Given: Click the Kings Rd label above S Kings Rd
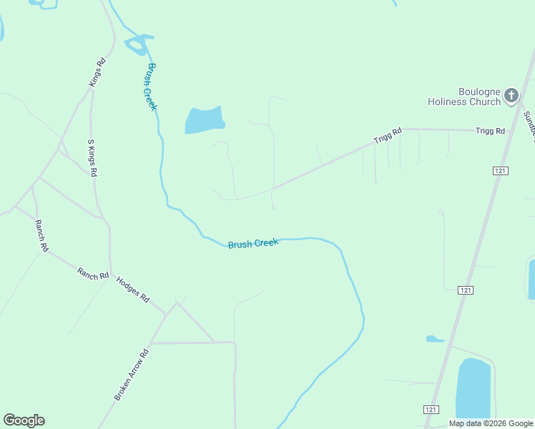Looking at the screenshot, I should click(x=97, y=72).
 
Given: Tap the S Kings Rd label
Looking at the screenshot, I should click(x=92, y=158).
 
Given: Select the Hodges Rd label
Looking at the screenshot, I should click(x=132, y=288).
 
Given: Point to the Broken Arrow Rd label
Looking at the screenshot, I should click(x=131, y=374).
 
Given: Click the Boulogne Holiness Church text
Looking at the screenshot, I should click(x=464, y=97).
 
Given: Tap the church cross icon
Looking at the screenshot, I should click(x=511, y=95).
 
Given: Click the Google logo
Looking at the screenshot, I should click(x=24, y=420).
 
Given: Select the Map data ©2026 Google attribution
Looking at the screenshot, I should click(x=491, y=423).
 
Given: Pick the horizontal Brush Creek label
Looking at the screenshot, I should click(x=252, y=244).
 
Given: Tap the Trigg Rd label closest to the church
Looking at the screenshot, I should click(x=491, y=131).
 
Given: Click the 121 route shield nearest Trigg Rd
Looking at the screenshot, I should click(x=501, y=170).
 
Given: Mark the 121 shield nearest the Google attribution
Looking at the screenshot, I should click(x=430, y=409).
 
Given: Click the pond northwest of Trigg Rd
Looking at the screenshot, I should click(x=205, y=120).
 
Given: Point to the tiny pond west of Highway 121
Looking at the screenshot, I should click(x=434, y=339).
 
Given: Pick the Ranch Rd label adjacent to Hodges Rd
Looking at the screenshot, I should click(x=93, y=273).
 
